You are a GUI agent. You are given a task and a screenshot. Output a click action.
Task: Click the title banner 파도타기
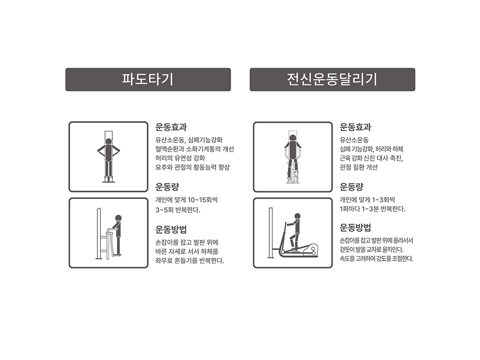tap(148, 80)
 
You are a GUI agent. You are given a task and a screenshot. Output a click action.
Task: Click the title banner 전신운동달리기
tap(333, 80)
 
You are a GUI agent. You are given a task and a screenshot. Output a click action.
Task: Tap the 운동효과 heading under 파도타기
tap(171, 127)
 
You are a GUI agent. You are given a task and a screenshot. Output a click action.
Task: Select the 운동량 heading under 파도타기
tap(167, 186)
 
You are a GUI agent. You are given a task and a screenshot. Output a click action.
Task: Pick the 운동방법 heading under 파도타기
tap(171, 229)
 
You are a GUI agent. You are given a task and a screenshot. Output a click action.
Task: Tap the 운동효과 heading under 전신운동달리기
tap(355, 127)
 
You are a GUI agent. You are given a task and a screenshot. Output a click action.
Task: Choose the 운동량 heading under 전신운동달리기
tap(351, 186)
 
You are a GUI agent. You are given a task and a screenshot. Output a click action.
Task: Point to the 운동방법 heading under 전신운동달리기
tap(355, 228)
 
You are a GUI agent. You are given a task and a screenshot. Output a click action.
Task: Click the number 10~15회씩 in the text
tap(203, 200)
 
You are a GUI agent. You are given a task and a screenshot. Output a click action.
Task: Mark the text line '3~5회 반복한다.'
tap(178, 210)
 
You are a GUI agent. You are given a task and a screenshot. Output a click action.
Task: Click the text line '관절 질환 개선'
tap(359, 167)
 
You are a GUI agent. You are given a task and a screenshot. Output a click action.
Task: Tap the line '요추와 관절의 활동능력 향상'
tap(192, 167)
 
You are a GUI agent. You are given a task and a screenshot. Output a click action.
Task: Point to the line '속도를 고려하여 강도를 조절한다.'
tap(376, 259)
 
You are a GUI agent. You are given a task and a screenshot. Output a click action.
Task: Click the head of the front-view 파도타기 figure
tap(108, 142)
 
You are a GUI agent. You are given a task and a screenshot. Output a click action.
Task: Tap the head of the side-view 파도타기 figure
tap(119, 218)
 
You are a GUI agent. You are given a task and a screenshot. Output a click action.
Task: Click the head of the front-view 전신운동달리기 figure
tap(293, 138)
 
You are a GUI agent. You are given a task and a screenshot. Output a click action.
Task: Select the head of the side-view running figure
tap(297, 216)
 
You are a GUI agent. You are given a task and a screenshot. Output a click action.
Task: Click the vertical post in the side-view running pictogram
tap(271, 233)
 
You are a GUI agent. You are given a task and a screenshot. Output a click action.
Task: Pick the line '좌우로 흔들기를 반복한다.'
tap(190, 261)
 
